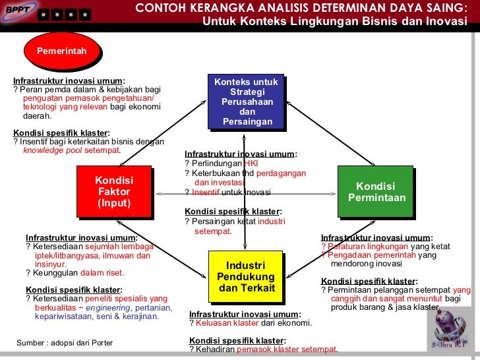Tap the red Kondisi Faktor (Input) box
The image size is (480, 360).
pyautogui.click(x=113, y=191)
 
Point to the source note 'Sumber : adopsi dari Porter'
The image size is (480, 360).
pyautogui.click(x=65, y=343)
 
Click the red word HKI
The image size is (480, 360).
pyautogui.click(x=251, y=164)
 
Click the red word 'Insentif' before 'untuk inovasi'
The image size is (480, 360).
pyautogui.click(x=206, y=193)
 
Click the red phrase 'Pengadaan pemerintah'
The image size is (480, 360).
pyautogui.click(x=372, y=255)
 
